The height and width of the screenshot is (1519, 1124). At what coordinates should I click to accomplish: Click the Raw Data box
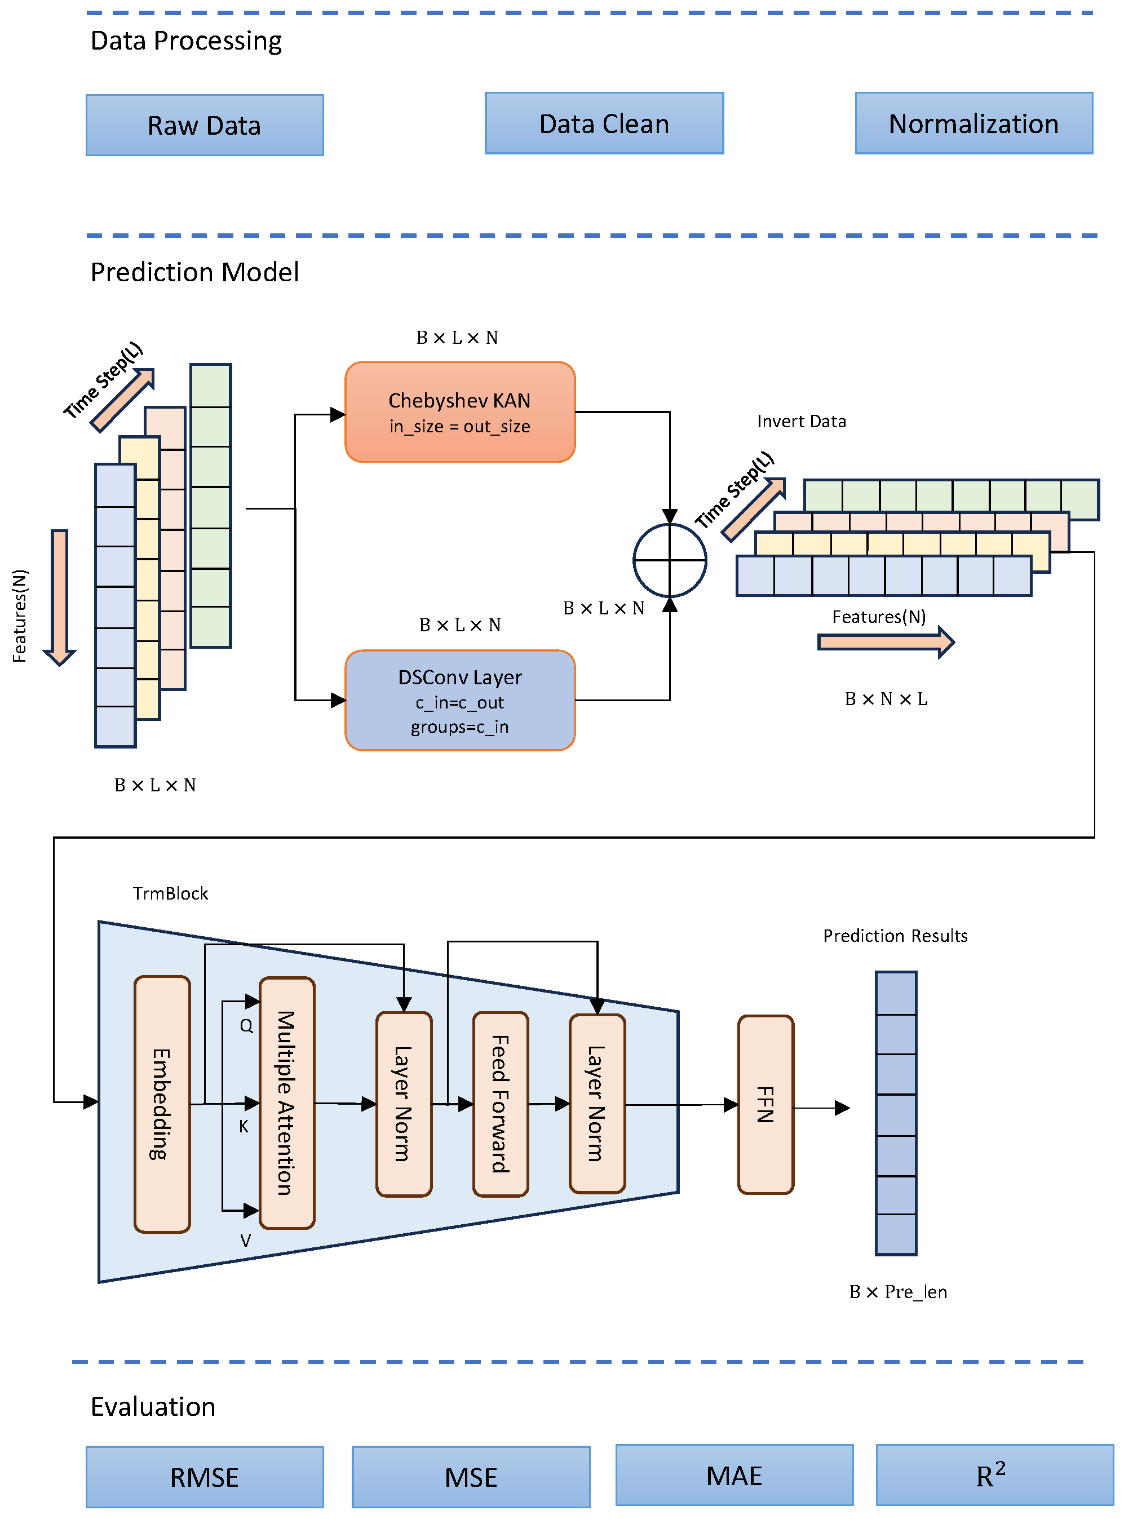(x=204, y=125)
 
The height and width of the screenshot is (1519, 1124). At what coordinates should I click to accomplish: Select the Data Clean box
(x=604, y=123)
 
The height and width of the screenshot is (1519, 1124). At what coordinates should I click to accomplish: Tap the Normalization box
(x=973, y=123)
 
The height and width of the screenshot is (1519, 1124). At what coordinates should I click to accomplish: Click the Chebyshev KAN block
(x=460, y=411)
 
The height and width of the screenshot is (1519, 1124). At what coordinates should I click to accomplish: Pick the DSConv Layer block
(x=460, y=700)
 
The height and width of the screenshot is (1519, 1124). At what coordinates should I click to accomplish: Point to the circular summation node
(x=670, y=560)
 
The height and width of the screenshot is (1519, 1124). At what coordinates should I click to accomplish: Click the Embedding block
(x=162, y=1104)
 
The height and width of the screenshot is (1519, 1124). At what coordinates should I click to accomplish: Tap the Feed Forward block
(x=500, y=1104)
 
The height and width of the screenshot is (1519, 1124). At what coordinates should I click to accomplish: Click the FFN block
(x=765, y=1104)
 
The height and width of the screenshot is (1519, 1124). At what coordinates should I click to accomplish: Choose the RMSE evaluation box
(x=204, y=1477)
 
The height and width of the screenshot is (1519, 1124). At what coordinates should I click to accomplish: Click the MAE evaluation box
(x=734, y=1475)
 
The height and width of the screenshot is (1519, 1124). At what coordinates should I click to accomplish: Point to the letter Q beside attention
(x=246, y=1026)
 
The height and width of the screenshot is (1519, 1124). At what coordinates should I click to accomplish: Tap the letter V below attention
(x=246, y=1241)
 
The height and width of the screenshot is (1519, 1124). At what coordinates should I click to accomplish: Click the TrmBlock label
(x=170, y=893)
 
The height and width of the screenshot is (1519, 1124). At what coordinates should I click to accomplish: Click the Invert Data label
(x=802, y=421)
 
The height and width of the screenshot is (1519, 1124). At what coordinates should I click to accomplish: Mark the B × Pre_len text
(x=897, y=1292)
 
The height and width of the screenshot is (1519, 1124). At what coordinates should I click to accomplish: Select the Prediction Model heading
(x=194, y=272)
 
